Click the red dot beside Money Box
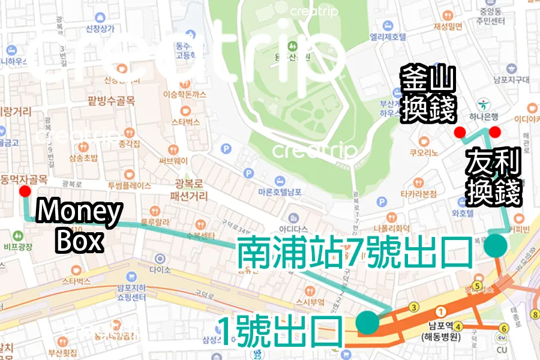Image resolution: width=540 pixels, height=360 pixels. [25, 191]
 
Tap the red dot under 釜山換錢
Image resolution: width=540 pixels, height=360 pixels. [460, 132]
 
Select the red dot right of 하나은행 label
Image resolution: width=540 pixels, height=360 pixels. [495, 132]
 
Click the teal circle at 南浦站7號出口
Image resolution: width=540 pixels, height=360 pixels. [496, 245]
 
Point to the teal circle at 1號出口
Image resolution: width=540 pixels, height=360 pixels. [367, 322]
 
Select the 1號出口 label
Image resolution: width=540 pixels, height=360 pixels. [280, 332]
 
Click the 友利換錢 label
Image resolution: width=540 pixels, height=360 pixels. [494, 178]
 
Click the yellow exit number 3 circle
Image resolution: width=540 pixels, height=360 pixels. [413, 308]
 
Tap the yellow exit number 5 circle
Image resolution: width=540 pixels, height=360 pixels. [478, 286]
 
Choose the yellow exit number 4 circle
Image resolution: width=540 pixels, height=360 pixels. [459, 327]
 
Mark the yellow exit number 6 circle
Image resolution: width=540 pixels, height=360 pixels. [504, 328]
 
